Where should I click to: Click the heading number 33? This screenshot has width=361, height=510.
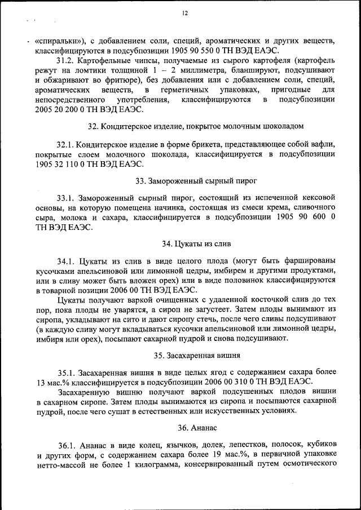click(x=141, y=181)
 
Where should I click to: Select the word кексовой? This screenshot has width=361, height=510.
click(x=318, y=198)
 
